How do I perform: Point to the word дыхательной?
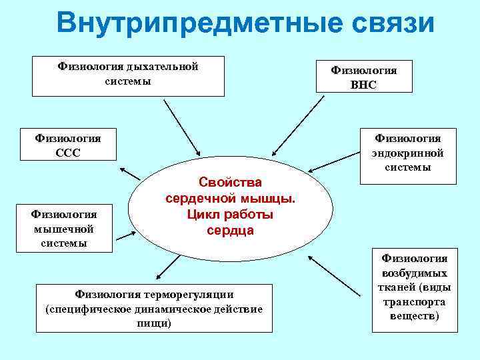[x=163, y=67]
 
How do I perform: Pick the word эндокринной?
[x=408, y=153]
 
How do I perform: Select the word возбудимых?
[x=414, y=273]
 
